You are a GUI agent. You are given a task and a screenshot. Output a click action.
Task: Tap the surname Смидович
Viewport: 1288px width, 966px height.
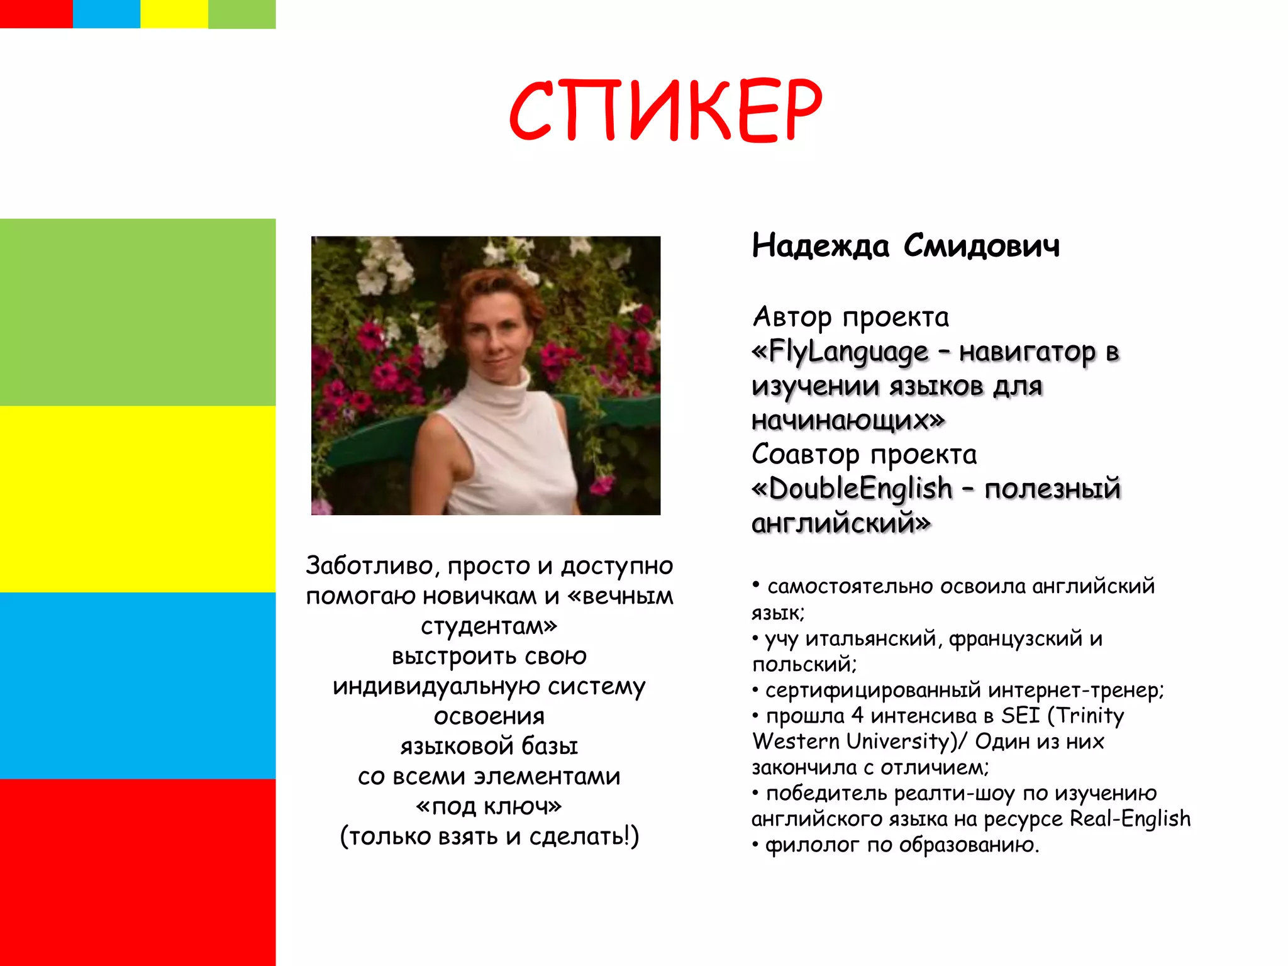tap(981, 246)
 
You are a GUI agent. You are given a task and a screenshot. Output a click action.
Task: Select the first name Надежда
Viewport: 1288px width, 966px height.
tap(821, 246)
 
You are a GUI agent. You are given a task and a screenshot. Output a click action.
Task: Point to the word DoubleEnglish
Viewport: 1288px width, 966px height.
tap(860, 489)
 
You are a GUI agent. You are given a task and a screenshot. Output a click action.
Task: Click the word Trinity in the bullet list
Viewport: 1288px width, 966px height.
tap(1091, 716)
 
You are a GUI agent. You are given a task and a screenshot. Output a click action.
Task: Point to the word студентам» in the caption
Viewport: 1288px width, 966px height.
tap(489, 626)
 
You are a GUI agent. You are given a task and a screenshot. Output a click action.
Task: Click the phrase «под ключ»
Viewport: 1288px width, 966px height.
tap(489, 806)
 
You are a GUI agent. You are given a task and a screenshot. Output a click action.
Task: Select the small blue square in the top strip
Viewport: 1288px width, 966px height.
tap(106, 14)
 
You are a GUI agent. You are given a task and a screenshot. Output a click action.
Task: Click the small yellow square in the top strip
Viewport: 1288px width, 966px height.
tap(174, 14)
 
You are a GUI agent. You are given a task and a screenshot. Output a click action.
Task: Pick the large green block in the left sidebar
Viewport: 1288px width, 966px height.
tap(138, 312)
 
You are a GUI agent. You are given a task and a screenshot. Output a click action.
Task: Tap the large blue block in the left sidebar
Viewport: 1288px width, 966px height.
tap(138, 686)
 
